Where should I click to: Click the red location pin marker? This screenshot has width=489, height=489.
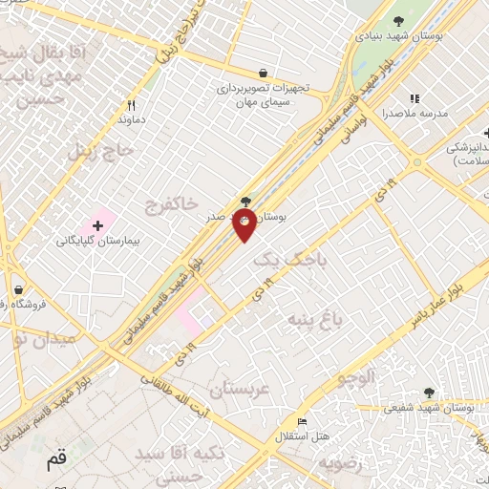(x=244, y=225)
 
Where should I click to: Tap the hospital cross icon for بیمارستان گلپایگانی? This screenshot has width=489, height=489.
(x=97, y=223)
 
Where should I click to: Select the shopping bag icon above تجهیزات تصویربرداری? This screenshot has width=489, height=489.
(x=263, y=73)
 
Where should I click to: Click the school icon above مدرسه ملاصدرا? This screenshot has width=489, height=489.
(x=415, y=97)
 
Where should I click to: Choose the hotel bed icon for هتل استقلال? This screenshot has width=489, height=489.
(x=303, y=421)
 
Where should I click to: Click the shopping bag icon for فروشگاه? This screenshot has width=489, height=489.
(x=18, y=289)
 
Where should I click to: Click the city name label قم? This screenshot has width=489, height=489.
(x=57, y=459)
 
